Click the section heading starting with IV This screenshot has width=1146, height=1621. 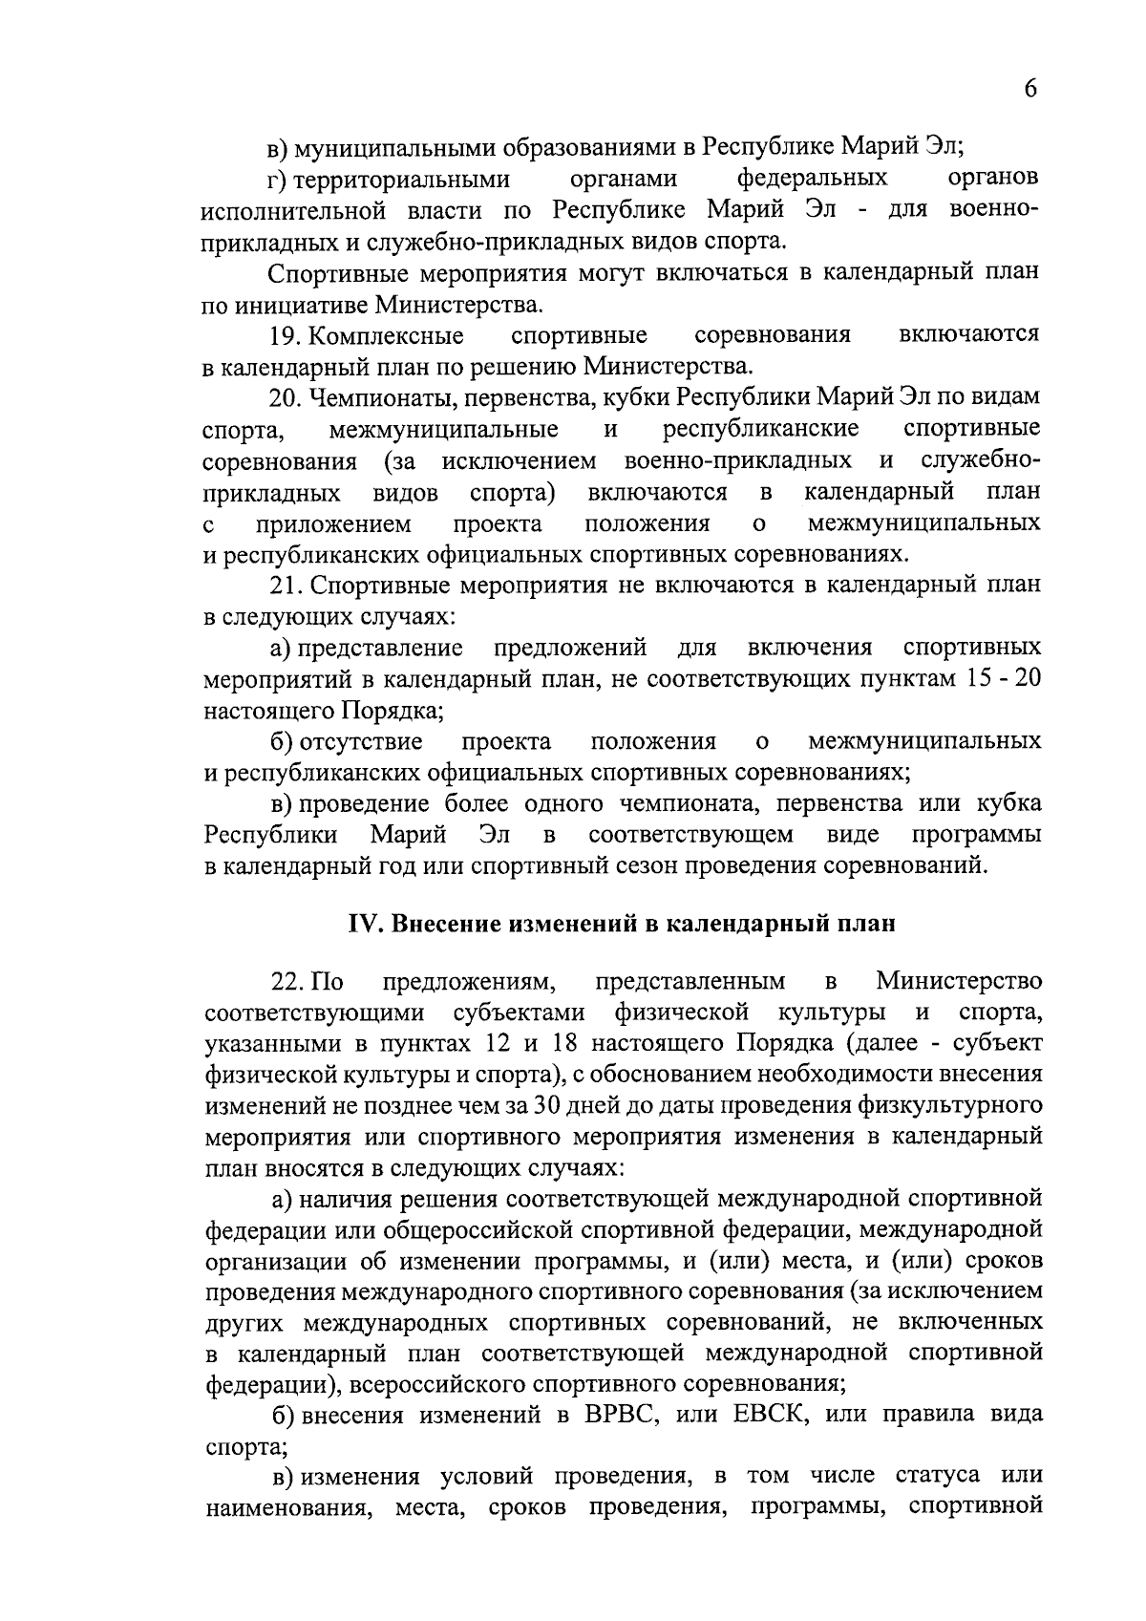pyautogui.click(x=621, y=924)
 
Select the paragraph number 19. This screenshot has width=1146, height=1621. pyautogui.click(x=286, y=336)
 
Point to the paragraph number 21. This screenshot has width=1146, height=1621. pyautogui.click(x=286, y=586)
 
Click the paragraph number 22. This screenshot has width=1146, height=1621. pyautogui.click(x=286, y=982)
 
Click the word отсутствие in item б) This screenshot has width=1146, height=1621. pyautogui.click(x=360, y=741)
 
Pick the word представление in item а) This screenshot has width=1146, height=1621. pyautogui.click(x=380, y=648)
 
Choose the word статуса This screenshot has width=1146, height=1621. pyautogui.click(x=938, y=1476)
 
